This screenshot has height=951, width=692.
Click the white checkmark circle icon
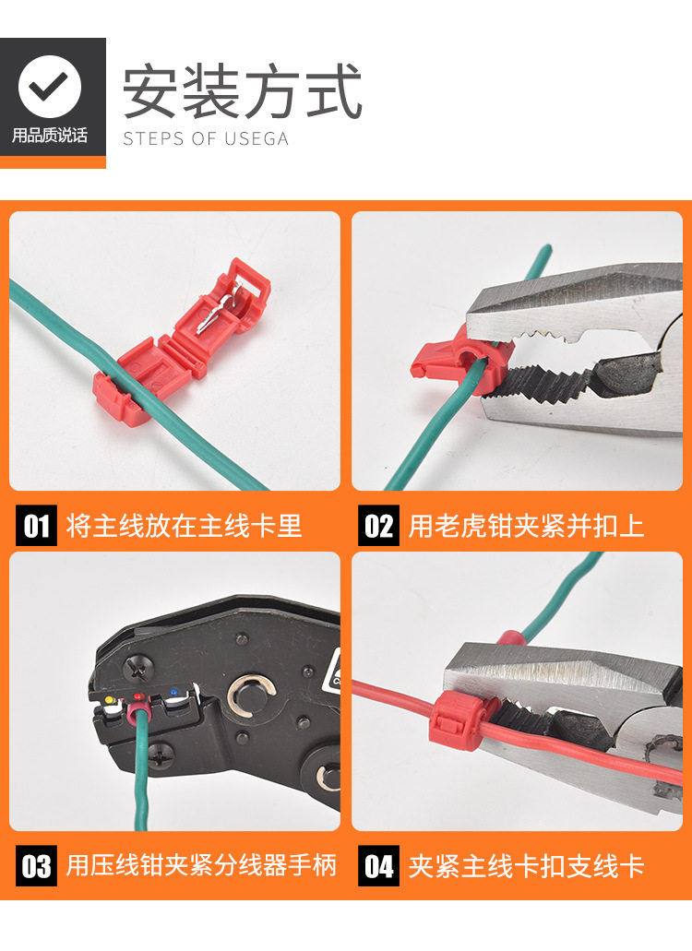pos(50,87)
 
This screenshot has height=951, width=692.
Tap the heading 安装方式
pos(243,91)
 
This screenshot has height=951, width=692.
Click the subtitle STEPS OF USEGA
pos(206,138)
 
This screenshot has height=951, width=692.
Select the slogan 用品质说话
pos(50,135)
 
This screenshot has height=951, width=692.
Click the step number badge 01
pos(36,525)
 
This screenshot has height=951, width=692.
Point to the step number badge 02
pos(378,525)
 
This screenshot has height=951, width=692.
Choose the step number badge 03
pos(36,865)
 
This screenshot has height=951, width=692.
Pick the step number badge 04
pos(378,865)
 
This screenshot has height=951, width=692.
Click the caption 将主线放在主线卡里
pos(184,525)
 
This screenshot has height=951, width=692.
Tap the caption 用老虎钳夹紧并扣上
pos(526,525)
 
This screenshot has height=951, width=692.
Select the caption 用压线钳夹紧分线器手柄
pos(201,865)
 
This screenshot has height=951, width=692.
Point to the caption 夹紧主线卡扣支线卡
pos(526,866)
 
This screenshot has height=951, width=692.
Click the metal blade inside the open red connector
pos(219,309)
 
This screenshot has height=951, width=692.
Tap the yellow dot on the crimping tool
pos(109,700)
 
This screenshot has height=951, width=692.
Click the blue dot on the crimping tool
pos(173,692)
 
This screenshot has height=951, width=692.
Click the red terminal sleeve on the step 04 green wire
pos(510,639)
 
